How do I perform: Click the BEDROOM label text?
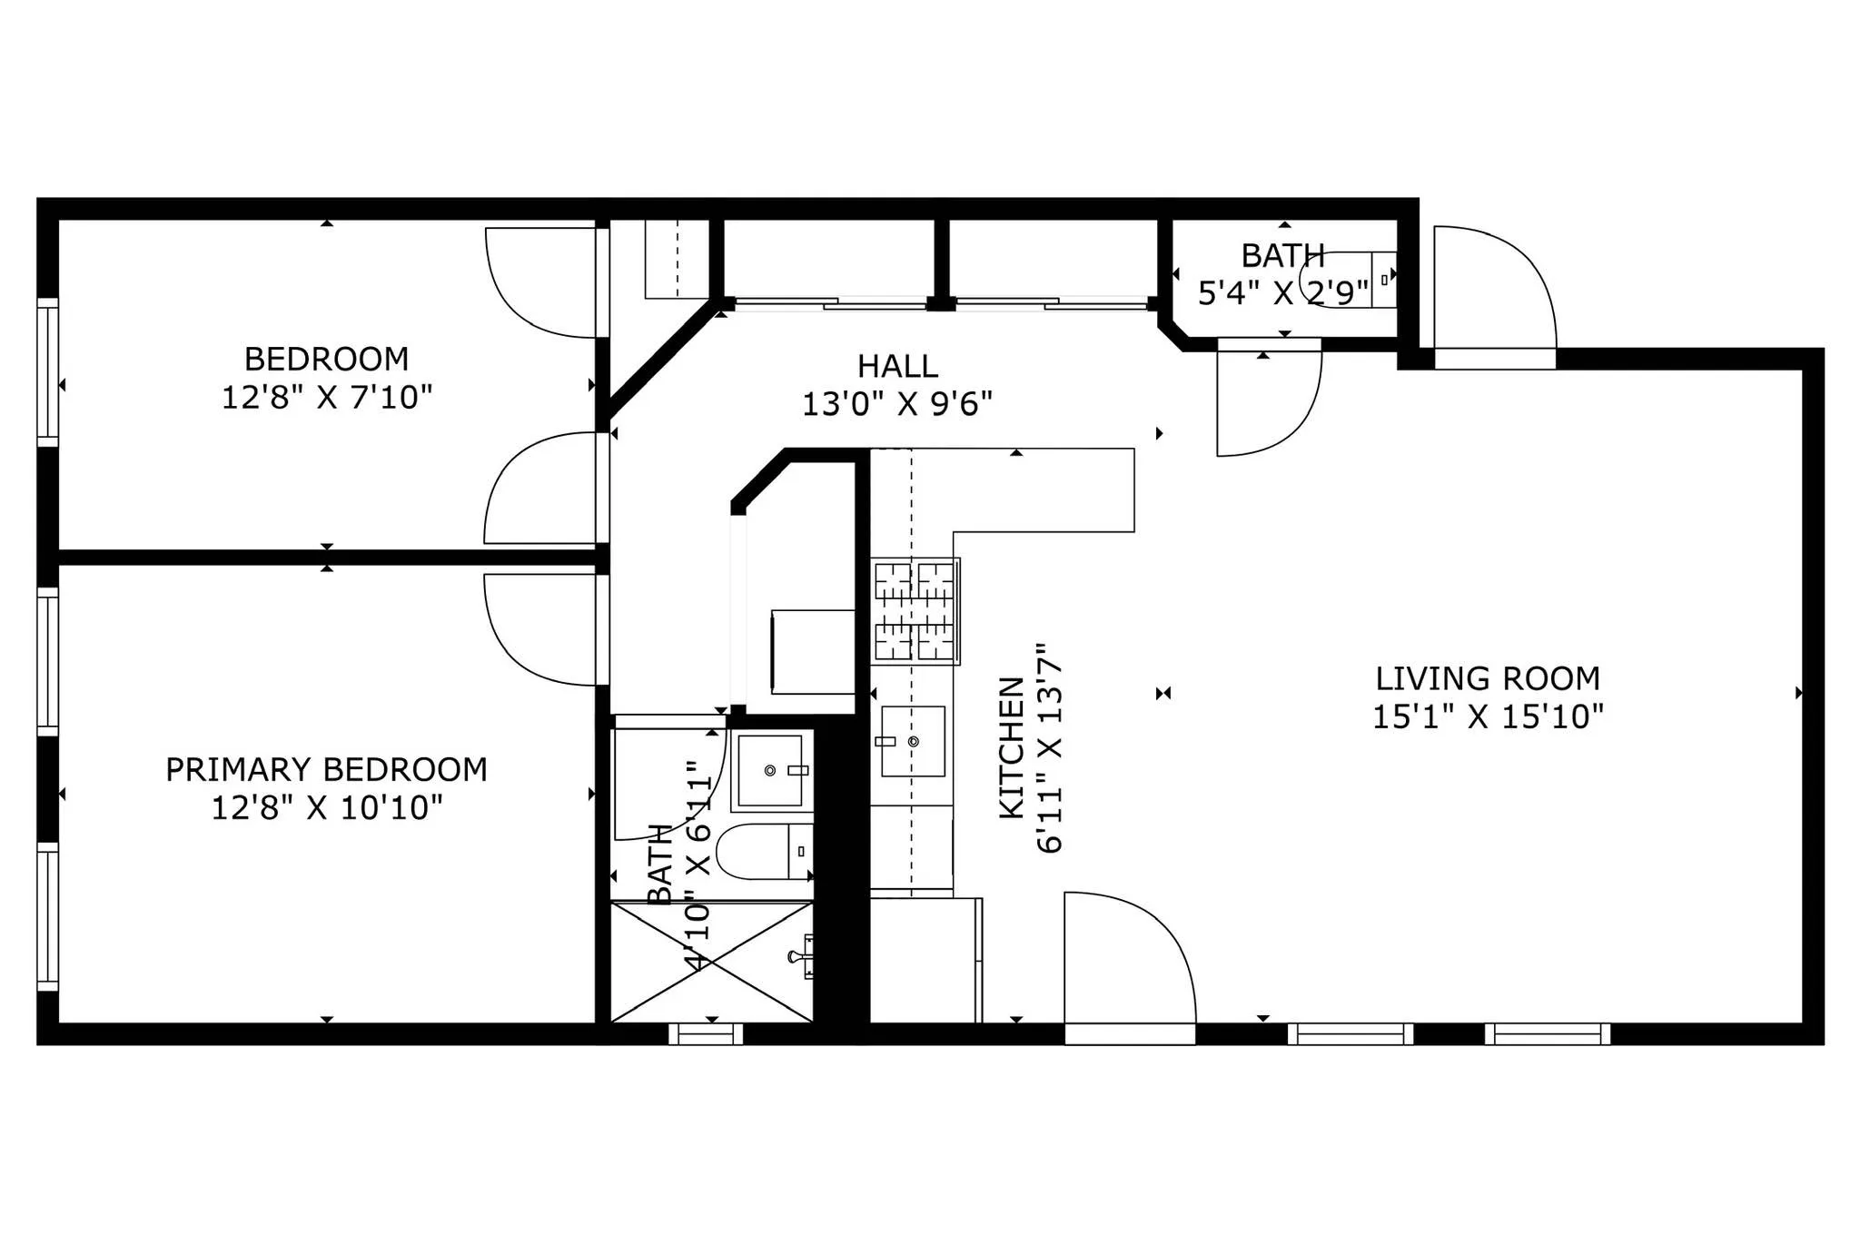[326, 360]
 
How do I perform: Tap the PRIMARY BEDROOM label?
[326, 770]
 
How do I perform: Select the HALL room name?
[897, 367]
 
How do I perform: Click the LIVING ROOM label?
[1487, 679]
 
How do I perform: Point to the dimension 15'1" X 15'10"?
[1487, 717]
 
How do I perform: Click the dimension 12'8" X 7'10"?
[326, 398]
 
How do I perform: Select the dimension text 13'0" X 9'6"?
[897, 404]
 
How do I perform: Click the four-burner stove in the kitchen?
[915, 611]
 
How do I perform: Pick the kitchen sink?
[912, 742]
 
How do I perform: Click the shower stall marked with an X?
[711, 963]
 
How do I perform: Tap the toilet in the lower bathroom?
[761, 852]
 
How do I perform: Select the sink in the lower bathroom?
[771, 771]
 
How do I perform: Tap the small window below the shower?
[706, 1033]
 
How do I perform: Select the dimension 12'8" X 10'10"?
[326, 808]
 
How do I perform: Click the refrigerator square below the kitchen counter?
[925, 961]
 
